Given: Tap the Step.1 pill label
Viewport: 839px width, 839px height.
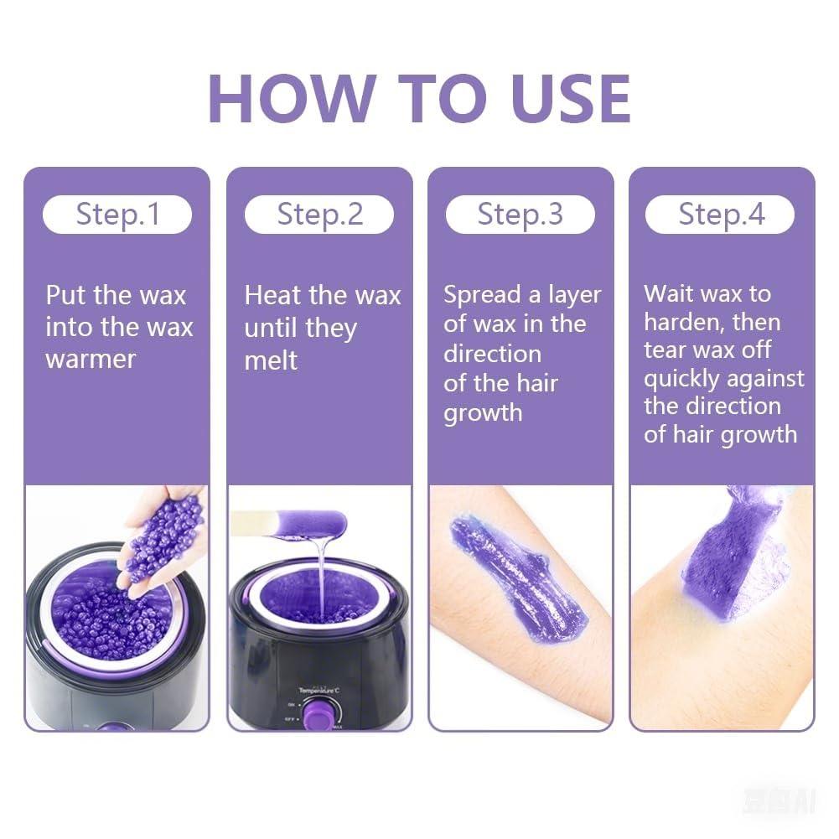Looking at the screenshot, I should coord(117,215).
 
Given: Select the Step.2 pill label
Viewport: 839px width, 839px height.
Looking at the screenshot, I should coord(319,215).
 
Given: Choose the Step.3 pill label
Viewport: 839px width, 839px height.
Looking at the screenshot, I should coord(520,215).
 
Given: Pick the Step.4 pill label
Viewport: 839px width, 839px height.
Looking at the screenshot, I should coord(721,215).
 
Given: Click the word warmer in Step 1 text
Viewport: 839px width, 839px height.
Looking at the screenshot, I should coord(91,360).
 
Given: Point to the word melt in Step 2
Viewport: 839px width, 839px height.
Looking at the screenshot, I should coord(271,361).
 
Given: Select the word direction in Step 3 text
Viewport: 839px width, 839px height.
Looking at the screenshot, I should coord(492,354).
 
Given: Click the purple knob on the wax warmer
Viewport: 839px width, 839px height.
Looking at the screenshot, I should coord(320,713).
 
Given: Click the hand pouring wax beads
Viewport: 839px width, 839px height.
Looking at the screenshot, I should coord(163,536).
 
